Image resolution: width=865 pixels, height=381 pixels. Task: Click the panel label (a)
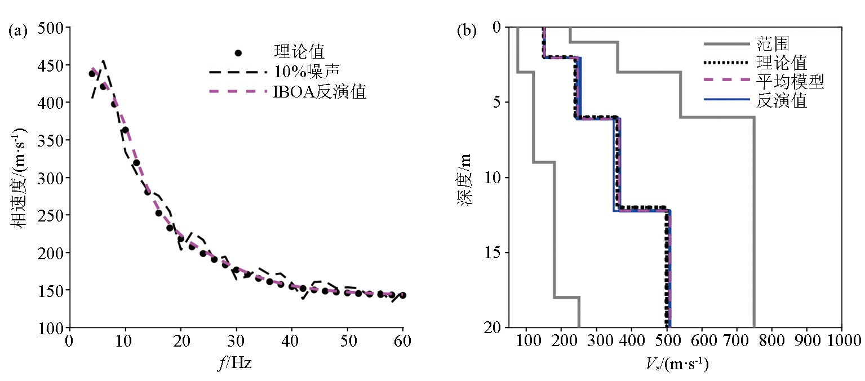[18, 31]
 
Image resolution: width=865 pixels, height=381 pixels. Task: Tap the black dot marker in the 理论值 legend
[238, 53]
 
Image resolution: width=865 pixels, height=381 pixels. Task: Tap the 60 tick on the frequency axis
[402, 342]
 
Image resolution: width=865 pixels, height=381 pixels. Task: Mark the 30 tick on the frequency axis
[236, 342]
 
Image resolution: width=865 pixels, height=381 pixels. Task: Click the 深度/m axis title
[467, 178]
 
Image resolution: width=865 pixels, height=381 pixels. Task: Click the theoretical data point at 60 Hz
[402, 295]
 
